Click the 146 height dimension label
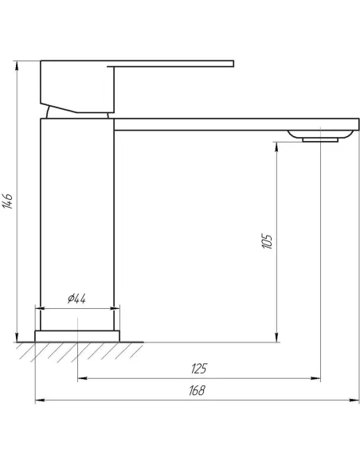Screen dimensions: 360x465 click(x=7, y=201)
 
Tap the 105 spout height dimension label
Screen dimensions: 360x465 click(x=268, y=241)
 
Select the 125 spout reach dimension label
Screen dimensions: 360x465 click(x=198, y=369)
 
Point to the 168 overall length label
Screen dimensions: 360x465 click(x=197, y=391)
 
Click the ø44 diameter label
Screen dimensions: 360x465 click(x=76, y=299)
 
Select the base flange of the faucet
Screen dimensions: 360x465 click(x=77, y=336)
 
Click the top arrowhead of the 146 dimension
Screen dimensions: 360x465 click(x=17, y=65)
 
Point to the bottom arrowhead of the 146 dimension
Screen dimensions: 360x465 click(x=17, y=338)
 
